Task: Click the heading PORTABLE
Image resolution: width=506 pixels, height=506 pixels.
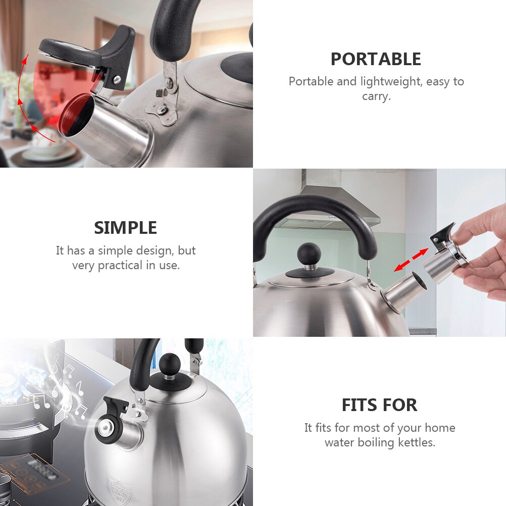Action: [376, 59]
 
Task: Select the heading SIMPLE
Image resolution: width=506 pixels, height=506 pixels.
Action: [125, 228]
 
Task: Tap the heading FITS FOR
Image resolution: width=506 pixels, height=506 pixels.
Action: [379, 405]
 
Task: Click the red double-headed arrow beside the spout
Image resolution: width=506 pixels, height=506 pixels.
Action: [411, 260]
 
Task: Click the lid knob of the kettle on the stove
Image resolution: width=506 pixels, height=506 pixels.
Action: [170, 364]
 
